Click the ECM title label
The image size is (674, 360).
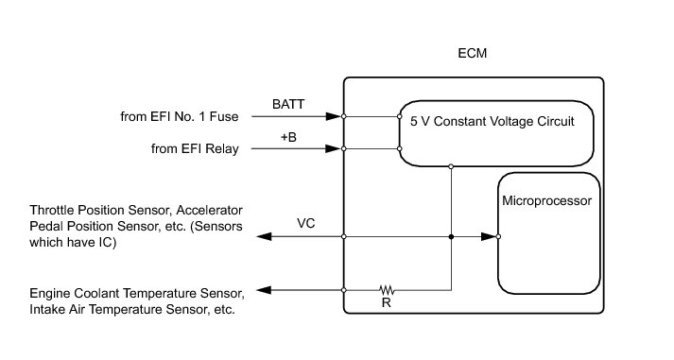pyautogui.click(x=472, y=53)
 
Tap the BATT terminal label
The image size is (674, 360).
pyautogui.click(x=288, y=104)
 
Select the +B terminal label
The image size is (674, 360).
pyautogui.click(x=288, y=137)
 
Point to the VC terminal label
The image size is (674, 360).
pyautogui.click(x=305, y=223)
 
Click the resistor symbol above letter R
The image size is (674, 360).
pyautogui.click(x=387, y=289)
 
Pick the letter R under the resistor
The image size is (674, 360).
pyautogui.click(x=386, y=303)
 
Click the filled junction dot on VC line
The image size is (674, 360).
pyautogui.click(x=451, y=237)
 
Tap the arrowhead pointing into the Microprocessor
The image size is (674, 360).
pyautogui.click(x=489, y=237)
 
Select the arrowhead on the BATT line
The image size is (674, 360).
pyautogui.click(x=334, y=116)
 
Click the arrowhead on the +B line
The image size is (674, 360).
pyautogui.click(x=334, y=148)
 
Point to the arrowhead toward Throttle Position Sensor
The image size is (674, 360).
pyautogui.click(x=264, y=237)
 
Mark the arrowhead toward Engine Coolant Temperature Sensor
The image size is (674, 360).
pyautogui.click(x=264, y=290)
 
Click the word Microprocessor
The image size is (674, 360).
pyautogui.click(x=546, y=201)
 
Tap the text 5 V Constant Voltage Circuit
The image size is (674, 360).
pyautogui.click(x=493, y=122)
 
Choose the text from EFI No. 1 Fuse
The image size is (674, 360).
pyautogui.click(x=180, y=117)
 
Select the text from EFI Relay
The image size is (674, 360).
pyautogui.click(x=195, y=149)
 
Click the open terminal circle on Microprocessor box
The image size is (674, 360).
pyautogui.click(x=498, y=237)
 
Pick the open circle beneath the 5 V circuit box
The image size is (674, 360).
pyautogui.click(x=451, y=166)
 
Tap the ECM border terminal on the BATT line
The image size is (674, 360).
pyautogui.click(x=344, y=116)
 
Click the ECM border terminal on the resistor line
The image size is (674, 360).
pyautogui.click(x=344, y=290)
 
